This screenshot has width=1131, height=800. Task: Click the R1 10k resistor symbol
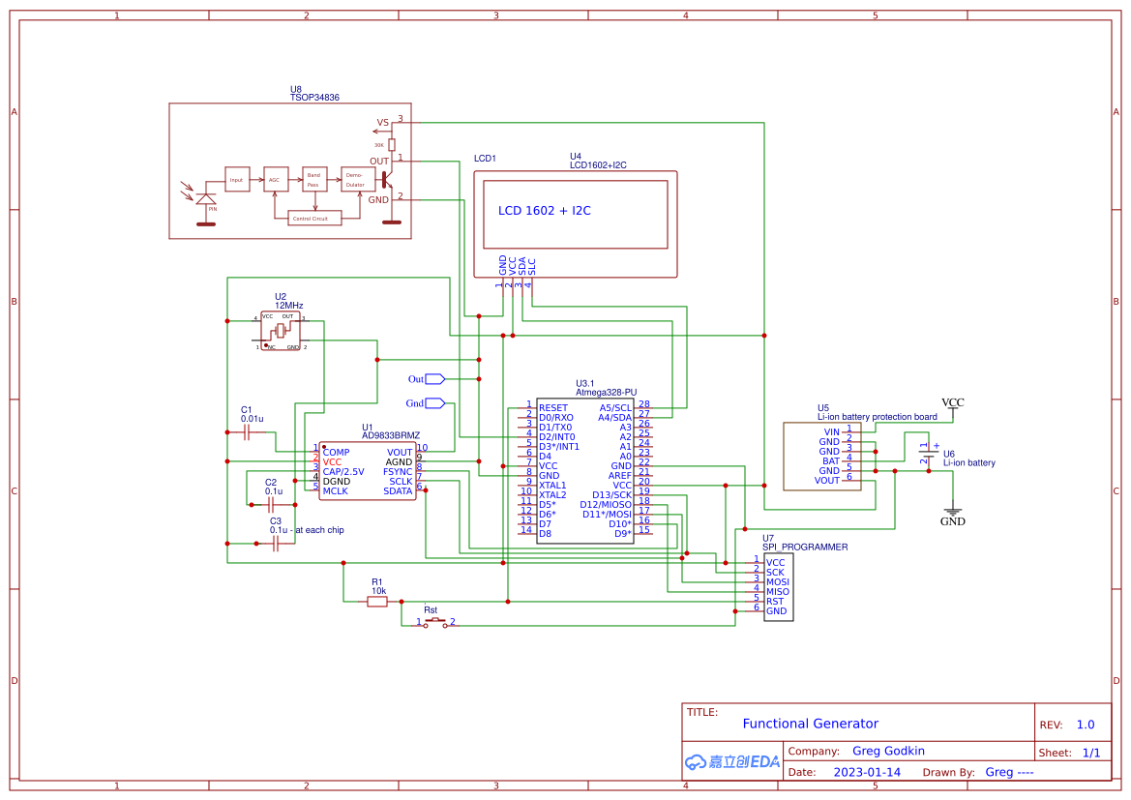click(377, 602)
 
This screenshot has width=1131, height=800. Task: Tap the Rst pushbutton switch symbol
click(435, 622)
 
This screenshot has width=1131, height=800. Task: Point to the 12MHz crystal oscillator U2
click(281, 331)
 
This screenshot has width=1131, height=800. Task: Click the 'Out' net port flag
click(434, 379)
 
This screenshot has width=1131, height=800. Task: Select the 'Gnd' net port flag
click(434, 402)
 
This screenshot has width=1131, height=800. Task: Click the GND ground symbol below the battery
click(953, 514)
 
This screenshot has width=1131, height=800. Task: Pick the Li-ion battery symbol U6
click(926, 455)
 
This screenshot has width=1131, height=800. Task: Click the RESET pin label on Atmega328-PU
click(553, 408)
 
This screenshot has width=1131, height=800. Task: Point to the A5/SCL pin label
click(615, 408)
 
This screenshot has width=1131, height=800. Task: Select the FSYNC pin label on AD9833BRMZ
click(398, 471)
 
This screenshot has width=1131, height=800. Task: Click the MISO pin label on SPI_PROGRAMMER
click(778, 592)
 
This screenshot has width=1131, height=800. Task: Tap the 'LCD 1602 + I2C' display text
click(544, 210)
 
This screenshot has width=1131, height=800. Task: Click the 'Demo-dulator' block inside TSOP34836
click(355, 179)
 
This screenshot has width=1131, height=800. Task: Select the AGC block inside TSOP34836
click(275, 179)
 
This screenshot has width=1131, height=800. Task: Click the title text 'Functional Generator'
click(810, 724)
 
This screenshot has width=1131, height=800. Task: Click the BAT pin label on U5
click(830, 461)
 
